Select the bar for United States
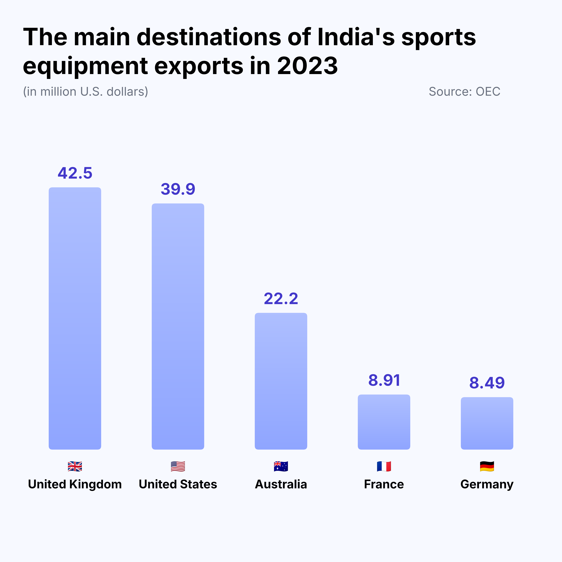point(178,326)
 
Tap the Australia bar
point(281,381)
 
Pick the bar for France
point(384,422)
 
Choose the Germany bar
point(487,423)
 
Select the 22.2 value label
point(281,299)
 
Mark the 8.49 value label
point(487,383)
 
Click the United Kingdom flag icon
point(75,466)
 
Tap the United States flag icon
point(178,466)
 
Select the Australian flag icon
point(281,466)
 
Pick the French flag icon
point(384,466)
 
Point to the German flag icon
point(487,466)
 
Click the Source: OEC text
point(464,92)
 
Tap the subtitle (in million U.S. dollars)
point(86,92)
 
